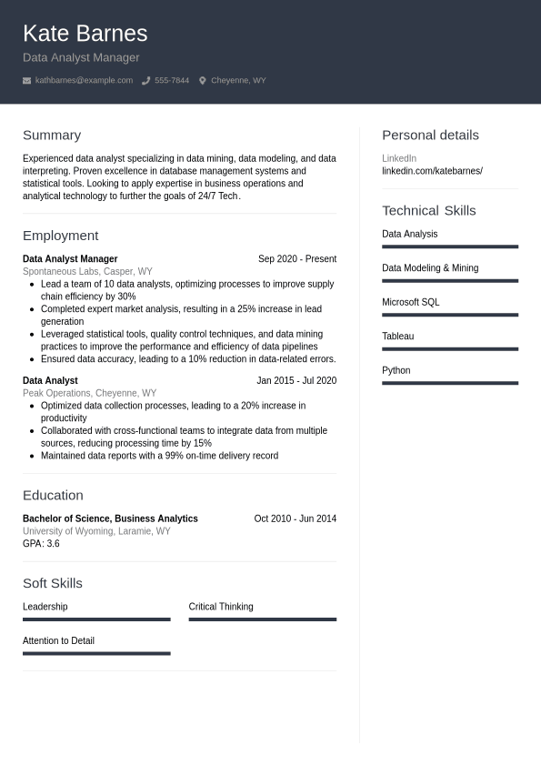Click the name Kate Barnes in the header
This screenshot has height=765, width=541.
click(x=85, y=34)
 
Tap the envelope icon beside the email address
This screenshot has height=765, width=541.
click(x=27, y=81)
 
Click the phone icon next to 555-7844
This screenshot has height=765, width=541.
click(x=145, y=81)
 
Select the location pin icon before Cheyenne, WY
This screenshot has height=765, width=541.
click(x=202, y=81)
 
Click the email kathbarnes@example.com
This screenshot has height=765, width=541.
click(x=84, y=81)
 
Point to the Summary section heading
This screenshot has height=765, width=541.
click(x=52, y=135)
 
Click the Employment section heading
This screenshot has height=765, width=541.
click(x=60, y=236)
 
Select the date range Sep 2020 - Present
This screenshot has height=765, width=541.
click(x=296, y=259)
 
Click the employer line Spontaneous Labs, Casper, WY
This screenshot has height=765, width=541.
click(x=87, y=271)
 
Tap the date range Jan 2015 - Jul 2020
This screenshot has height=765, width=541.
click(x=296, y=381)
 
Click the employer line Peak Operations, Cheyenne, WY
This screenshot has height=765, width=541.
click(x=89, y=393)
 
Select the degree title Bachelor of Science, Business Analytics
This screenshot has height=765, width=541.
click(x=110, y=518)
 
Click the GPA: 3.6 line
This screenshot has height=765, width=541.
click(x=41, y=544)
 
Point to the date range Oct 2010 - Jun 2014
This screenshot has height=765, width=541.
click(x=295, y=518)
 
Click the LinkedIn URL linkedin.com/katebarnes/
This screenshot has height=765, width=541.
click(x=432, y=171)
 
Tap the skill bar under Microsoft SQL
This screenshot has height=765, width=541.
click(x=449, y=315)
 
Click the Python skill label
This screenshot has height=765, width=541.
click(x=396, y=370)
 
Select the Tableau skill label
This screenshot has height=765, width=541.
click(x=397, y=337)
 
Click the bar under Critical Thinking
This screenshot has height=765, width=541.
click(x=262, y=619)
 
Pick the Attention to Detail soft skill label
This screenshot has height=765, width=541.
click(x=58, y=640)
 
